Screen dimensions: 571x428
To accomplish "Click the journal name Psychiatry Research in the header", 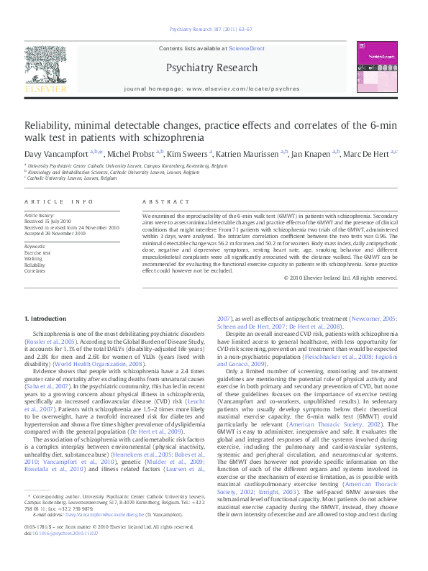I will pyautogui.click(x=211, y=68).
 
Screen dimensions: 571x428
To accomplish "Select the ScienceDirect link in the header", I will pyautogui.click(x=247, y=47).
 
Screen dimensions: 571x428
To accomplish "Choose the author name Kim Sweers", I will pyautogui.click(x=188, y=153).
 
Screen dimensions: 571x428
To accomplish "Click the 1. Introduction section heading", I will pyautogui.click(x=45, y=318).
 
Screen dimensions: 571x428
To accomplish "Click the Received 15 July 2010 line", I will pyautogui.click(x=47, y=221).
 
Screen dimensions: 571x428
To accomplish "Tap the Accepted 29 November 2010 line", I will pyautogui.click(x=55, y=233).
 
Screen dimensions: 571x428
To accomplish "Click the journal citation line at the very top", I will pyautogui.click(x=211, y=29).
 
